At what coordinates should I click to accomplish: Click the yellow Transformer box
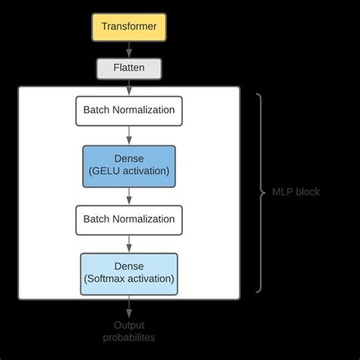128,27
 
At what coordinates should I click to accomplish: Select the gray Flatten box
128,68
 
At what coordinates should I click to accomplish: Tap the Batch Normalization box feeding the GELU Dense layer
128,110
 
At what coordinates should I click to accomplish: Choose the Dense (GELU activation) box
128,166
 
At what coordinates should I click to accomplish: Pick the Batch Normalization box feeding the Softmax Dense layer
128,219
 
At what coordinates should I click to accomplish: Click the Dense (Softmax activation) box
128,273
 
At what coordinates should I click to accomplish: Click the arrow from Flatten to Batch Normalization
128,87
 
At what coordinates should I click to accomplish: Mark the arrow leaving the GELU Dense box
128,195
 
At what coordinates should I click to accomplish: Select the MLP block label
295,192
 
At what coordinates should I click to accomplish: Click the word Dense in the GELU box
128,159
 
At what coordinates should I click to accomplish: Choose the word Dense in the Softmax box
128,267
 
